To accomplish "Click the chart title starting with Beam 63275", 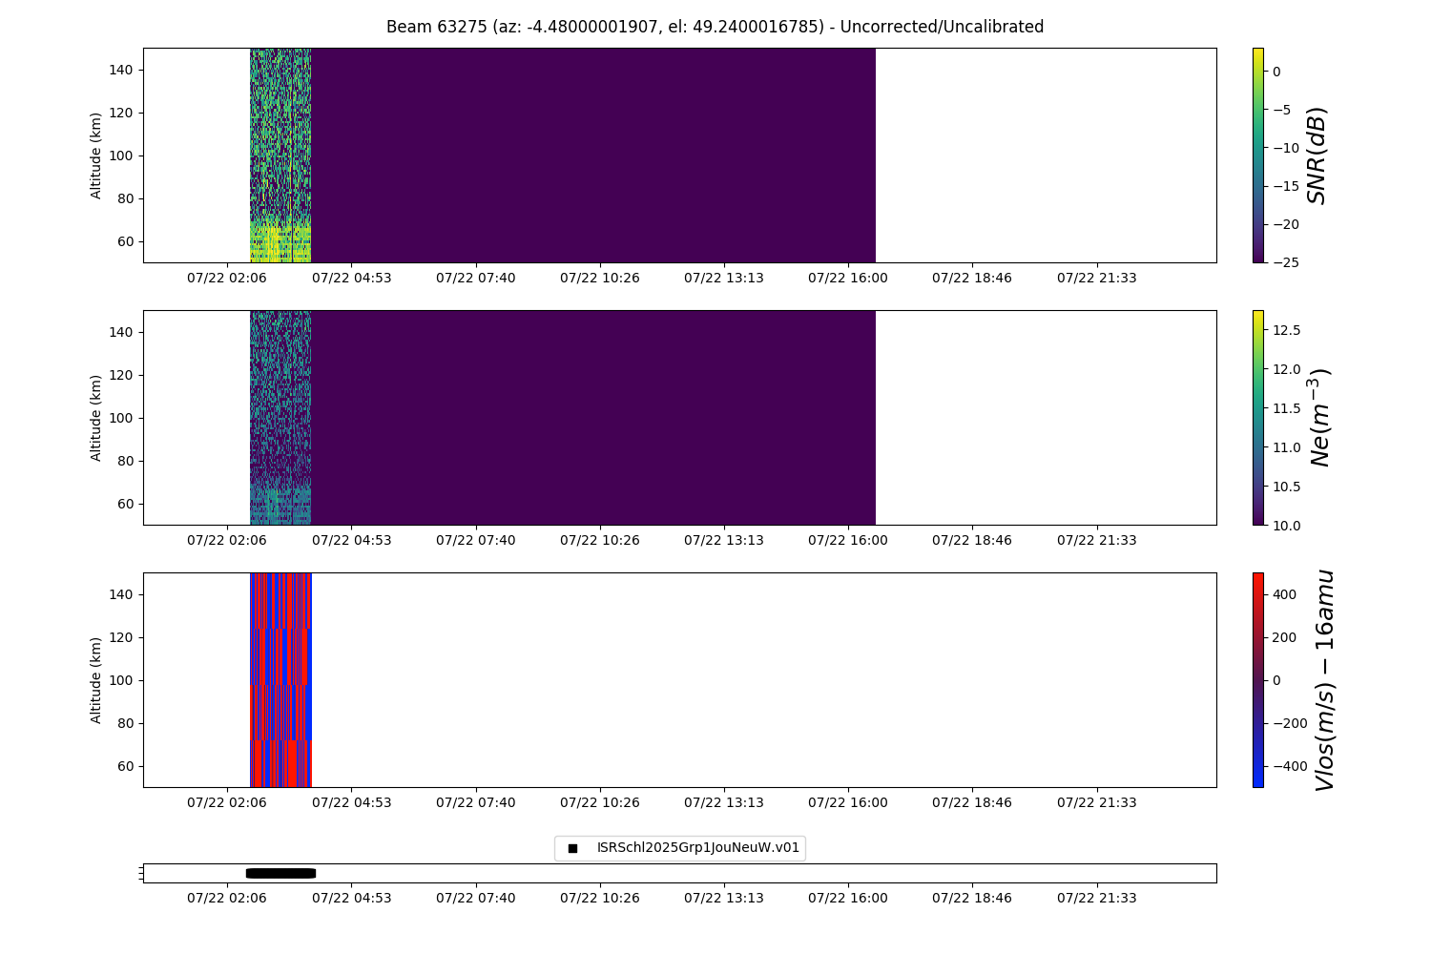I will [715, 27].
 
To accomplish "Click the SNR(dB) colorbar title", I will [1317, 155].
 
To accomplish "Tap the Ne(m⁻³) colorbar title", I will [1318, 417].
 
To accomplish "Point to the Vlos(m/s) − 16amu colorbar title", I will [1323, 680].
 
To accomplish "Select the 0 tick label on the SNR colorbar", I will [1275, 72].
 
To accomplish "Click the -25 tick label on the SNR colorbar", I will [1281, 262].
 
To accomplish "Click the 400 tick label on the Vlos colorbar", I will [1284, 594].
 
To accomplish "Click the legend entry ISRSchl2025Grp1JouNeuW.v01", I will [697, 848].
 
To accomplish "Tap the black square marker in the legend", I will [572, 848].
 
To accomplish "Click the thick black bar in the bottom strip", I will [280, 873].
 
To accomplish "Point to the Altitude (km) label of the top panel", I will [96, 156].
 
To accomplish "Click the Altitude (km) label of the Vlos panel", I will [96, 680].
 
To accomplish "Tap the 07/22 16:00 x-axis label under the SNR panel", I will [848, 278].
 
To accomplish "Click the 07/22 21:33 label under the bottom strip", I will [1096, 898].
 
